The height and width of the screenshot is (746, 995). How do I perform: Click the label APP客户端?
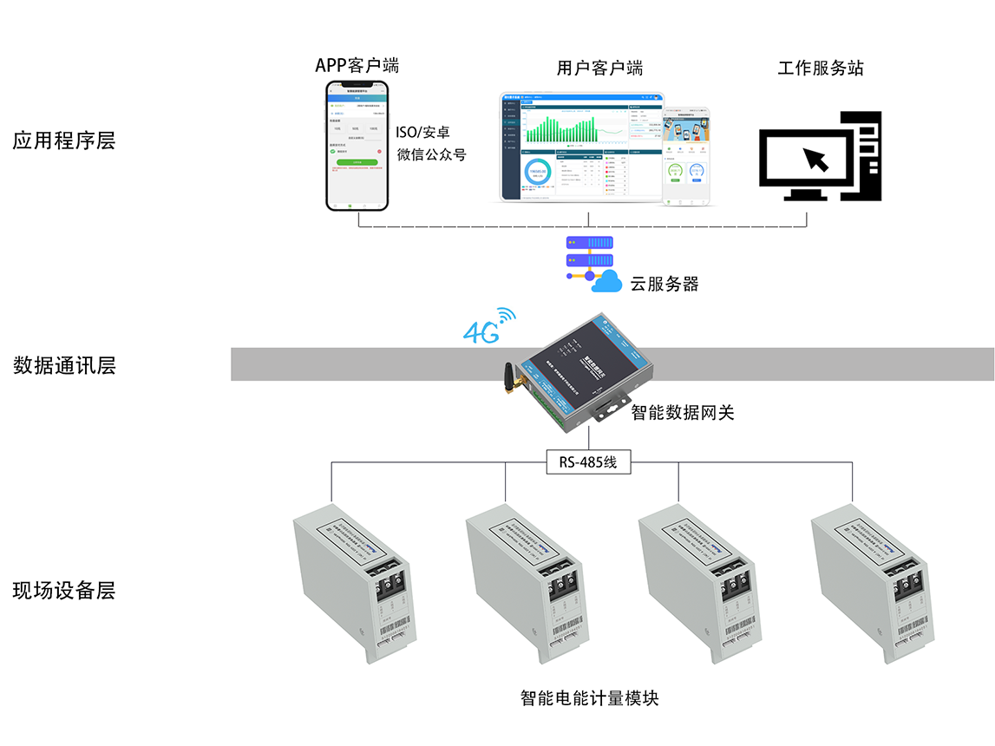click(357, 66)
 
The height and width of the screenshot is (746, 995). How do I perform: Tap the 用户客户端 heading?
click(599, 68)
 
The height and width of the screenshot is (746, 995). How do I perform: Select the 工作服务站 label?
click(820, 68)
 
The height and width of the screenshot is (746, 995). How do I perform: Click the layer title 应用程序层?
click(63, 141)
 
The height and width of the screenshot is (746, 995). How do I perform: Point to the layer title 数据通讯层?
click(63, 365)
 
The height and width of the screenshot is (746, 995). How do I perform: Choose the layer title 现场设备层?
click(63, 591)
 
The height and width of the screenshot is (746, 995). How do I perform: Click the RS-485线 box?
click(588, 462)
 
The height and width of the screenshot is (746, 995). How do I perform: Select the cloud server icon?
click(592, 263)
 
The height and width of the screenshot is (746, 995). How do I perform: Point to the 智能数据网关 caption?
click(682, 413)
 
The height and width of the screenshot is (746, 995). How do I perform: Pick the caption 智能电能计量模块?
click(589, 697)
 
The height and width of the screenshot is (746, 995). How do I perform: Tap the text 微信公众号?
click(431, 155)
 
